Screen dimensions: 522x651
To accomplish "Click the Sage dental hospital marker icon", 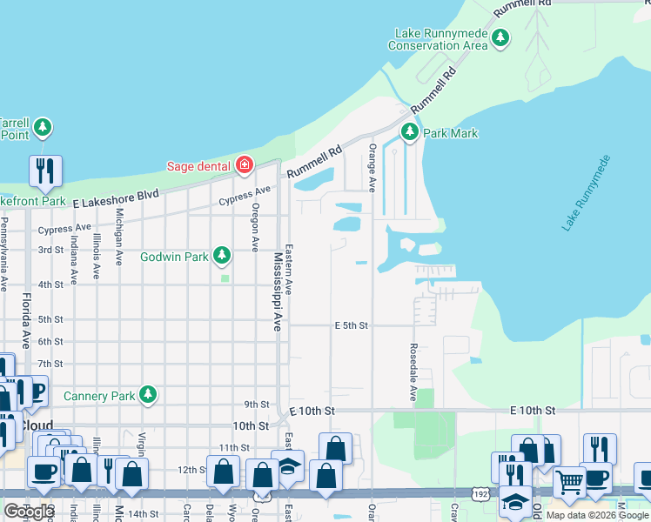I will coord(245,165).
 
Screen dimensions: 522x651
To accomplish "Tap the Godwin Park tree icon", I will coord(223,256).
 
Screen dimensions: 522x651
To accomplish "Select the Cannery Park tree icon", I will coord(148,395).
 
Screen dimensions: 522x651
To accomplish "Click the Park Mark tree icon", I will coord(410,133).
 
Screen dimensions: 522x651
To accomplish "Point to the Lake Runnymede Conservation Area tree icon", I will coord(500,38).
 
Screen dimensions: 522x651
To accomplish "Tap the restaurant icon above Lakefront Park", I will coord(45,171).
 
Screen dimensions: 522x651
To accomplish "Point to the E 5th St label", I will coord(352,325).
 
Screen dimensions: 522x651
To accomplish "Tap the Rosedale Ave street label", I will coord(413,371).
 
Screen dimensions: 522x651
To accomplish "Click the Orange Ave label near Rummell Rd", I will coord(372,168).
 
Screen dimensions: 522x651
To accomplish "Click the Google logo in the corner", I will coord(29,512).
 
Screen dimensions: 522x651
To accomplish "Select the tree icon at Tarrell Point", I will coord(43,129).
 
